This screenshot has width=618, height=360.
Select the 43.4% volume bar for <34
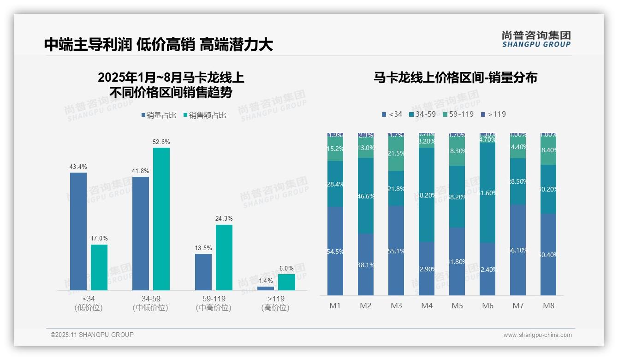[x=78, y=231]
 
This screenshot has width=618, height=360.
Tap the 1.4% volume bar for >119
[x=265, y=288]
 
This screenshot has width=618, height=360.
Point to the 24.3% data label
[x=224, y=218]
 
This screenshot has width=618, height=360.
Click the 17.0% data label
[x=99, y=238]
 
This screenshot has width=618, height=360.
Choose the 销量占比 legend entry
[x=159, y=115]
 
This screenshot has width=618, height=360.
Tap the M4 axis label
[x=427, y=306]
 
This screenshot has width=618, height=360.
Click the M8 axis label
[x=548, y=306]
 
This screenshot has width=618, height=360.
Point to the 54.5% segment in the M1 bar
[x=335, y=251]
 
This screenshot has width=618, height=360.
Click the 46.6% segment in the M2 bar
[x=366, y=196]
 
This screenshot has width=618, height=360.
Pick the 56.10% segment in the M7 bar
[x=518, y=250]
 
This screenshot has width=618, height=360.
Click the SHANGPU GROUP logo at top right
[x=536, y=39]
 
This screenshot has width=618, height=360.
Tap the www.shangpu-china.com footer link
[x=537, y=335]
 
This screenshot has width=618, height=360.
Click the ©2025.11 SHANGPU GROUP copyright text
[x=92, y=335]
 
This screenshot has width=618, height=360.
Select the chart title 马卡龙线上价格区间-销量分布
[x=455, y=78]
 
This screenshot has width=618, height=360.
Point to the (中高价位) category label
[x=213, y=308]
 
